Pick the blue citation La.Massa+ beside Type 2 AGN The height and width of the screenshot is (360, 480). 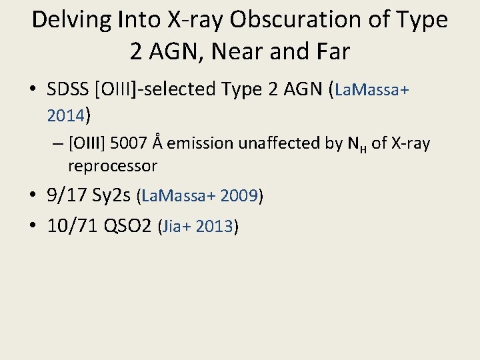pyautogui.click(x=373, y=89)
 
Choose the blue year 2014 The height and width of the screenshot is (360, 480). pyautogui.click(x=65, y=116)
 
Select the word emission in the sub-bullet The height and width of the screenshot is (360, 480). pyautogui.click(x=195, y=143)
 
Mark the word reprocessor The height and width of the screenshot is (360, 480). pyautogui.click(x=112, y=165)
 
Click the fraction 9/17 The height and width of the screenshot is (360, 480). pyautogui.click(x=71, y=195)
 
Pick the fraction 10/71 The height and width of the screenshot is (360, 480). pyautogui.click(x=73, y=226)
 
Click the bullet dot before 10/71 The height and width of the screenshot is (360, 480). pyautogui.click(x=34, y=226)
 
